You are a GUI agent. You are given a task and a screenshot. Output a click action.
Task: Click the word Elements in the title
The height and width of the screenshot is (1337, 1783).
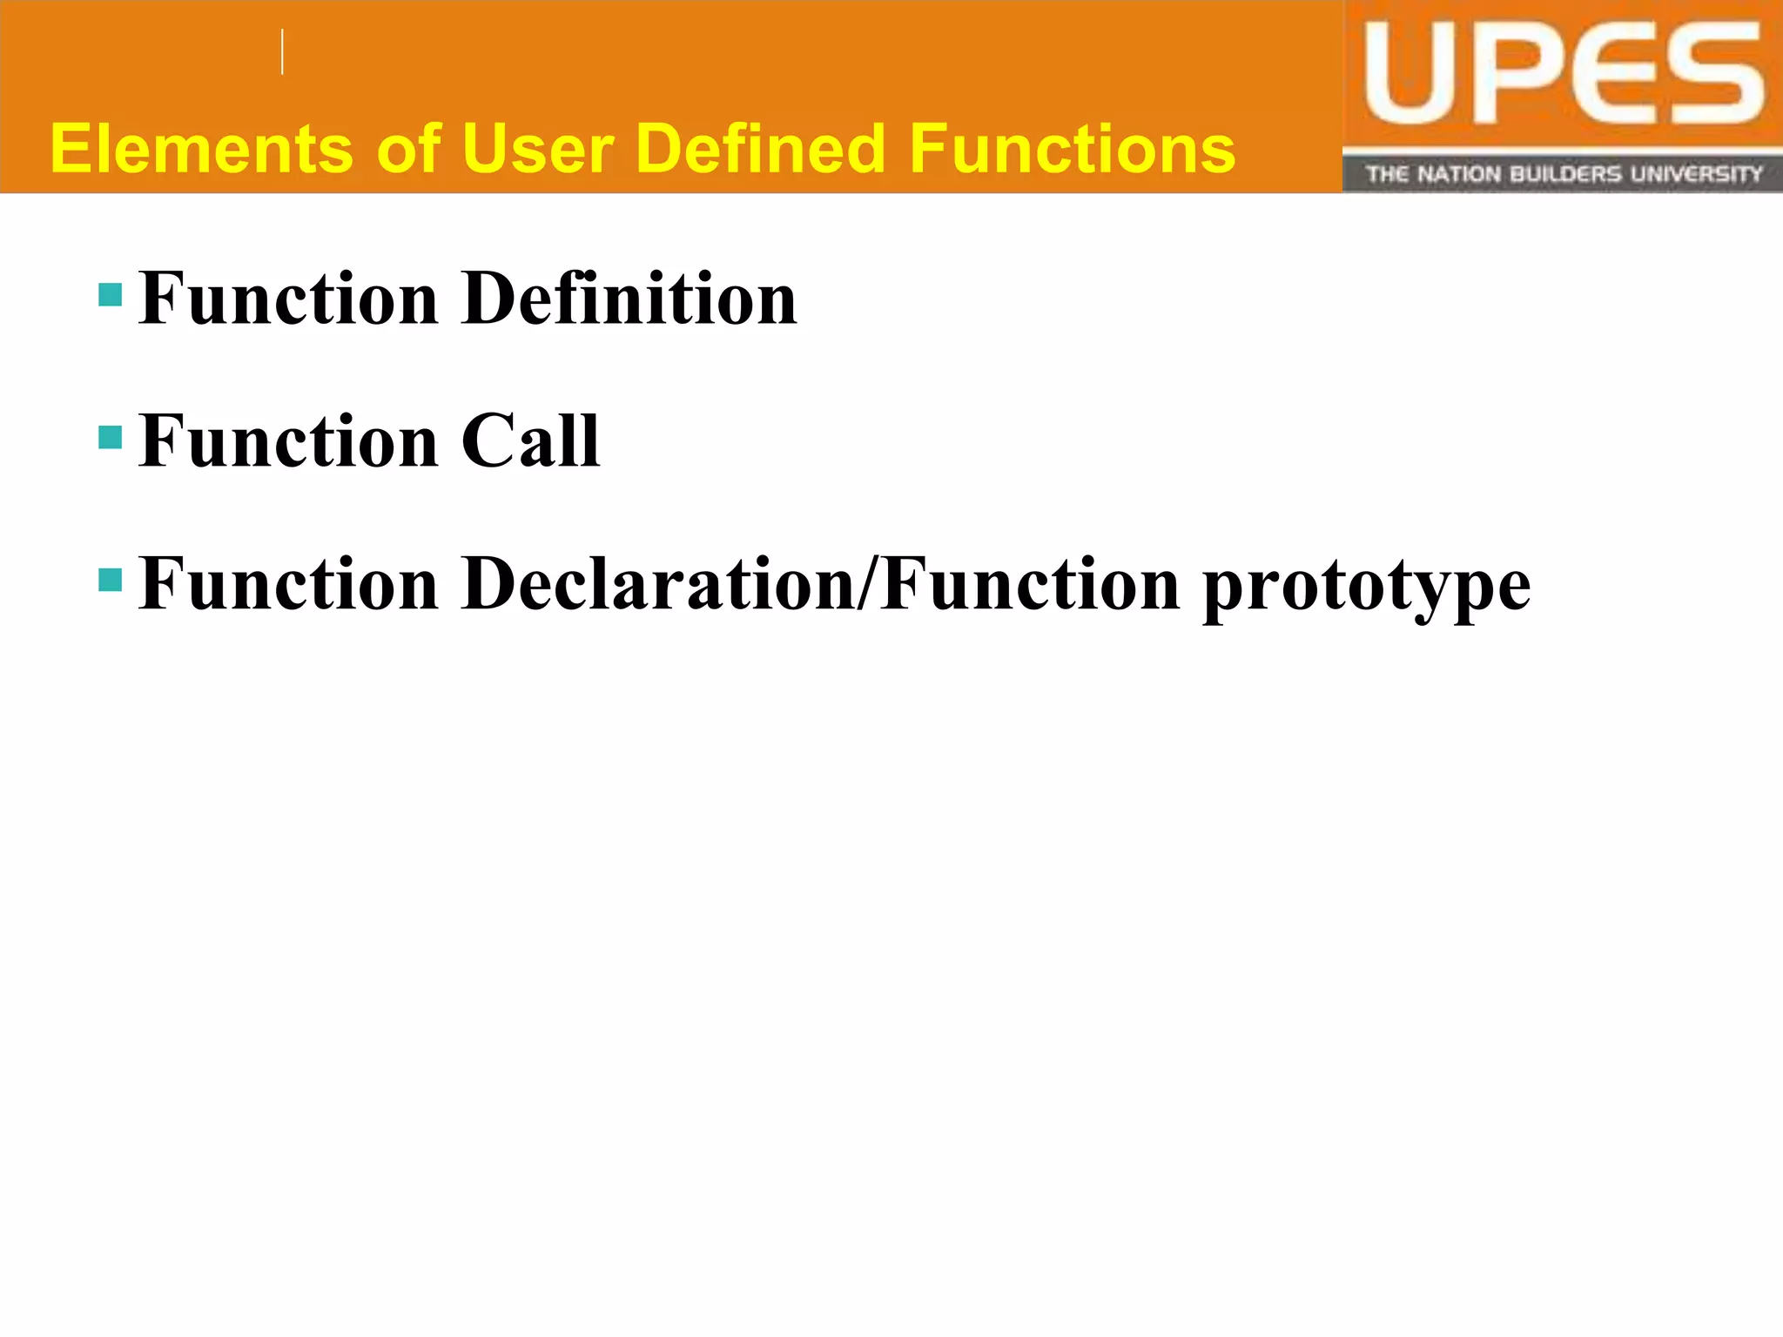coord(201,149)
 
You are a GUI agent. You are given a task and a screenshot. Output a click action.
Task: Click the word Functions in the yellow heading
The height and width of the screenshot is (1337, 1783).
coord(1072,149)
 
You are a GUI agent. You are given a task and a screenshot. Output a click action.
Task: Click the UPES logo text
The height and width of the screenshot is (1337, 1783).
coord(1563,76)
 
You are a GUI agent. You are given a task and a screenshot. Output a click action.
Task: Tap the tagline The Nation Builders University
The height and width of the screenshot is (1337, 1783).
coord(1564,174)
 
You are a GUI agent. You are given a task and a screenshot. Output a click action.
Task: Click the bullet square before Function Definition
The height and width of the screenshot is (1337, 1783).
coord(111,295)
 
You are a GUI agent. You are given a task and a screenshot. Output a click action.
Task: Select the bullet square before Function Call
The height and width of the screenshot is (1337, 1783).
coord(111,437)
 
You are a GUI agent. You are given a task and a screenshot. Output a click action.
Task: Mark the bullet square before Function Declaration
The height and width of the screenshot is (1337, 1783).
coord(111,580)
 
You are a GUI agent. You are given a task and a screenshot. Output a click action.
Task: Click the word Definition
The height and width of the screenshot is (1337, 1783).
coord(629,299)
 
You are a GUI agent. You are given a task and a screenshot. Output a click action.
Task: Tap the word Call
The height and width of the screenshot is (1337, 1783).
coord(530,441)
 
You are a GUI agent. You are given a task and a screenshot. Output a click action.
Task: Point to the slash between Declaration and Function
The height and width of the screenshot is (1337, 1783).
coord(867,584)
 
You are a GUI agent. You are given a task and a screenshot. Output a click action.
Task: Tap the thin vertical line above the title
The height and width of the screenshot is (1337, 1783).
coord(283,52)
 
